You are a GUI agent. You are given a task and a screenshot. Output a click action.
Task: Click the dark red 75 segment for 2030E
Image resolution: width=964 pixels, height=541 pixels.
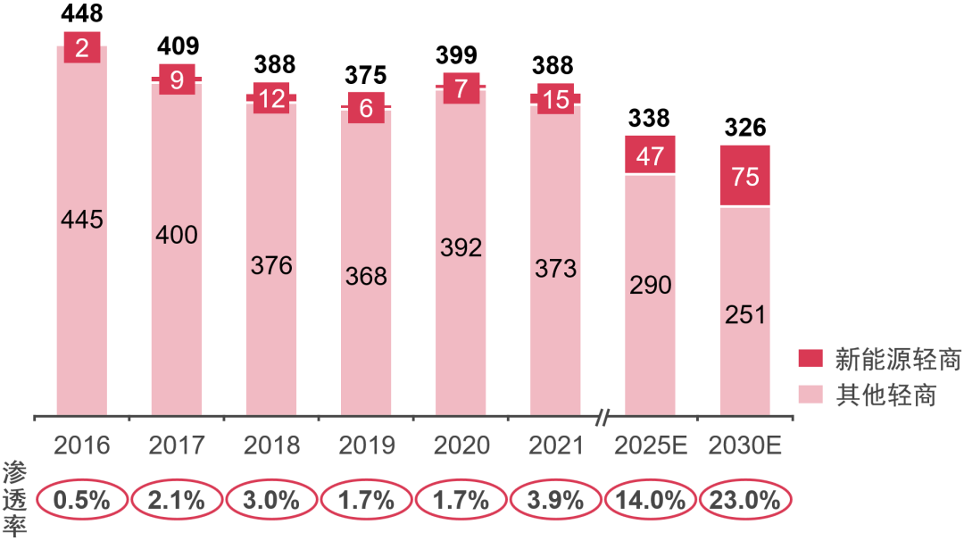tap(745, 176)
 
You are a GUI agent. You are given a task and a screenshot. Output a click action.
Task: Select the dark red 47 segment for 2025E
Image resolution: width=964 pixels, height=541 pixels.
tap(650, 155)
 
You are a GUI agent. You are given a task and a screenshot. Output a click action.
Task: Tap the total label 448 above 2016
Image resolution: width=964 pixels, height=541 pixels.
tap(81, 13)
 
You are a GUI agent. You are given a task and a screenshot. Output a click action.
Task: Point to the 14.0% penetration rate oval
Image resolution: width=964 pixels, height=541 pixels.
tap(650, 500)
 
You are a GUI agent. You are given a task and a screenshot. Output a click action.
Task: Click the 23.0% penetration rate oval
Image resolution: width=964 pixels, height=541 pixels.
tap(745, 500)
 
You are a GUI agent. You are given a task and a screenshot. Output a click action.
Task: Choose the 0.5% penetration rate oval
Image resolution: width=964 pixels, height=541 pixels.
tap(81, 500)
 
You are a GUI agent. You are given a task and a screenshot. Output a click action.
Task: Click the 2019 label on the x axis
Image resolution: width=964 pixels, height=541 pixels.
tap(366, 445)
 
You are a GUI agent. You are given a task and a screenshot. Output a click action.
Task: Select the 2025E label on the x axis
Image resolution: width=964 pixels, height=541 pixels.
tap(650, 445)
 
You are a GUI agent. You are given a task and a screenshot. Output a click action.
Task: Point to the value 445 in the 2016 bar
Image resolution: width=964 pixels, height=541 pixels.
tap(81, 220)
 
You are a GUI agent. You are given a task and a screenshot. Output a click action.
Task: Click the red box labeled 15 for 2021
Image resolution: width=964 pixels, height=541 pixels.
tap(555, 99)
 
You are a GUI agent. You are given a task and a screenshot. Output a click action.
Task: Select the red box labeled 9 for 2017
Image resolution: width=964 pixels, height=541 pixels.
tap(177, 80)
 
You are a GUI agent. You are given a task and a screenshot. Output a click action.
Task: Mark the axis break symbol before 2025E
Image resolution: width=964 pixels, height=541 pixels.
tap(604, 416)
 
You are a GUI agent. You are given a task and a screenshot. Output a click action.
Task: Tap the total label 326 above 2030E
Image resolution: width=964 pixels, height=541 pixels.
tap(745, 128)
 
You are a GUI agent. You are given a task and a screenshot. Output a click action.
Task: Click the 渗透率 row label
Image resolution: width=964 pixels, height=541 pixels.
tap(15, 498)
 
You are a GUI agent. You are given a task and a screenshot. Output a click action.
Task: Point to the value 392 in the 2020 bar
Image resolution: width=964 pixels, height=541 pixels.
tap(461, 247)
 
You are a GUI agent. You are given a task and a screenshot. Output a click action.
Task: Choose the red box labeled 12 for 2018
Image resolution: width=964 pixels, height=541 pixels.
tap(271, 98)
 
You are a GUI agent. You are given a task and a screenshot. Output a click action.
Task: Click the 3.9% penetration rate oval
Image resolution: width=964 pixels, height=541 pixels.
tap(555, 500)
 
